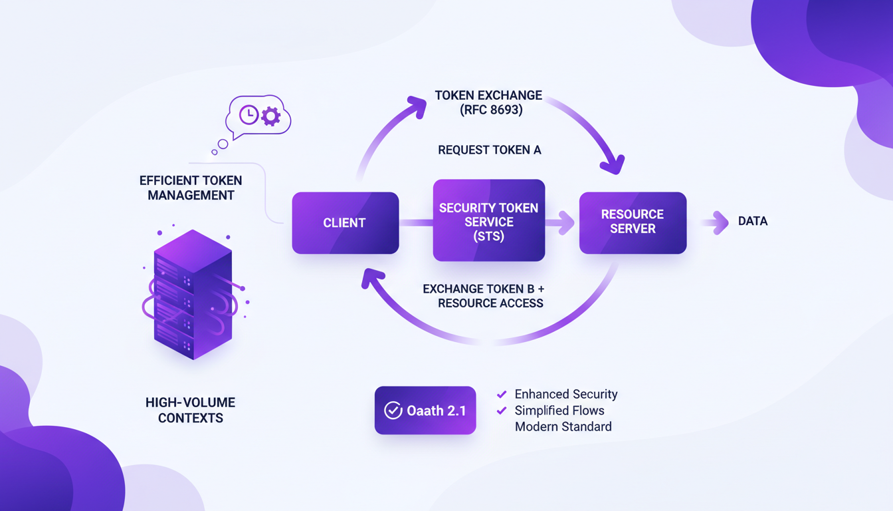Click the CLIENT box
point(345,223)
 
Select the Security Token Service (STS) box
point(488,220)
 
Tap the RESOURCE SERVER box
point(633,222)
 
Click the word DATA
point(753,222)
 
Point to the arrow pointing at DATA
point(716,222)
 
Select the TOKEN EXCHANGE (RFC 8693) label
point(488,102)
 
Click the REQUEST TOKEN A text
point(489,150)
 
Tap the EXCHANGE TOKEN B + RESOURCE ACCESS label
point(483,296)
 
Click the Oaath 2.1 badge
point(425,411)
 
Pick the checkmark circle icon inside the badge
point(393,411)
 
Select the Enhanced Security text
point(565,395)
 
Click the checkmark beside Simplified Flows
point(502,411)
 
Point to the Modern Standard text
point(563,426)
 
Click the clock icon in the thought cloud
point(248,114)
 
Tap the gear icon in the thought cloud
point(270,117)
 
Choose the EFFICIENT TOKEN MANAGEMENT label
point(191,188)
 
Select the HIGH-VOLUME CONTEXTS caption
point(190,410)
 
